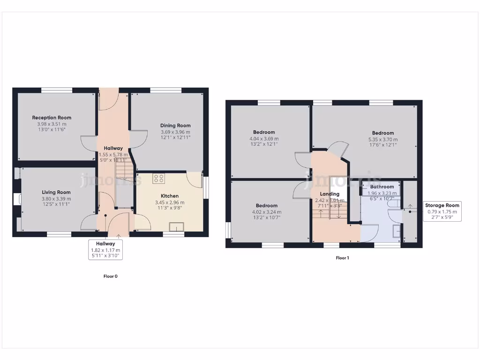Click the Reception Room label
(x=52, y=118)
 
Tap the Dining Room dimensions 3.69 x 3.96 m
(x=175, y=132)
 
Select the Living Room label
(x=56, y=192)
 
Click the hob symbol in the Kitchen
(x=158, y=179)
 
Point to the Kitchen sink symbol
(x=177, y=227)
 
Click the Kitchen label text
(x=170, y=196)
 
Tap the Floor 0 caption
(x=111, y=276)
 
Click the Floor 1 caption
(x=343, y=258)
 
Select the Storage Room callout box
(x=442, y=211)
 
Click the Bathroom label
(x=382, y=187)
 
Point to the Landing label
(x=330, y=194)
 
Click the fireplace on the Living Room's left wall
(x=18, y=200)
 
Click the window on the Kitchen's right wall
(x=206, y=187)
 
